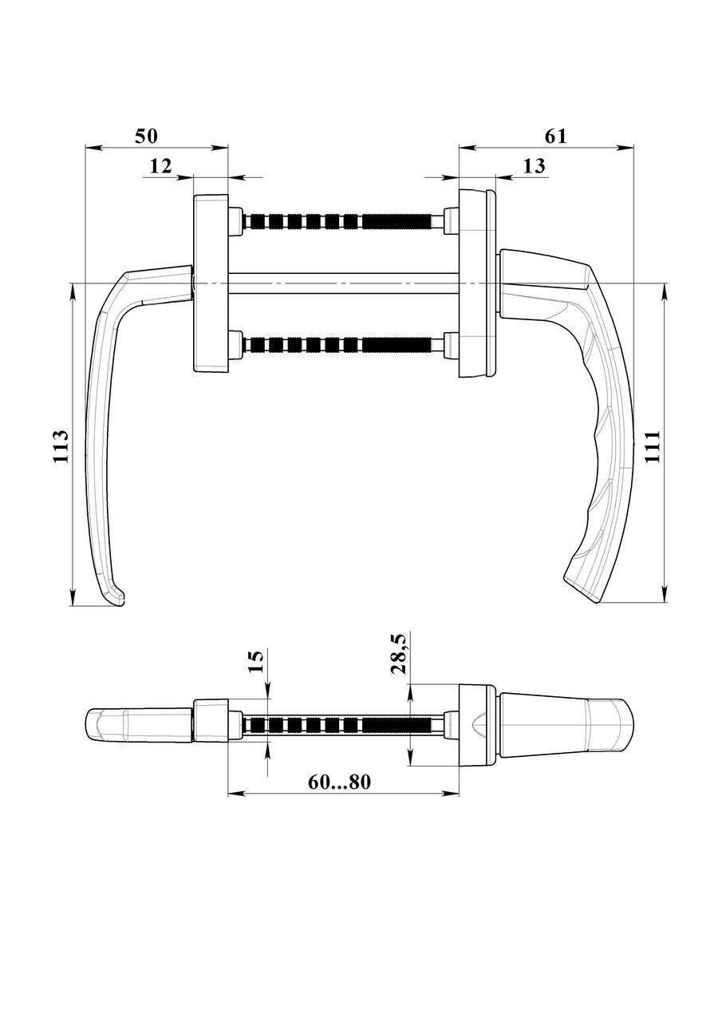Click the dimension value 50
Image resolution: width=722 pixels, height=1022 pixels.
145,136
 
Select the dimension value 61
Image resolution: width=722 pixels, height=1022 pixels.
555,136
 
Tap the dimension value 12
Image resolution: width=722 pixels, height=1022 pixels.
160,165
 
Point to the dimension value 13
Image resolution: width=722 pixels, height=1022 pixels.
534,165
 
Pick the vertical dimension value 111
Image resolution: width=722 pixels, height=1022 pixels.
653,446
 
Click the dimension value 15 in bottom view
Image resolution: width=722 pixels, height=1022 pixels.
256,662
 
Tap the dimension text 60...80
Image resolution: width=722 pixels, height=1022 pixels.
340,782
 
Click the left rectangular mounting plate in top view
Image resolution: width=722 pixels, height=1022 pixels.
211,283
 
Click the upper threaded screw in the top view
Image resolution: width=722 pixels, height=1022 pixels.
343,221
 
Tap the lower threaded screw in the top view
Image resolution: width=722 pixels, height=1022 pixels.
343,344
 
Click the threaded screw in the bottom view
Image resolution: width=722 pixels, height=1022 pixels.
343,725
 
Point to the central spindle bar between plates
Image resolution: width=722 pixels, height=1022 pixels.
343,283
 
